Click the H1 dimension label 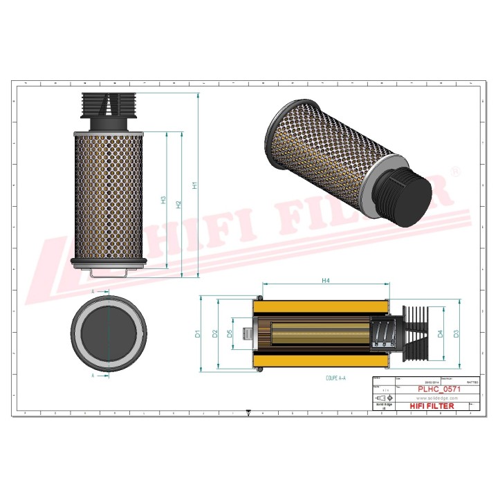195,185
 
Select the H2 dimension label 179,204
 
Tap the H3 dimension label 164,200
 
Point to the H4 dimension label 325,280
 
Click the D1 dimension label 197,334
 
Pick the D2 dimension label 215,334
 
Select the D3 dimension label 456,334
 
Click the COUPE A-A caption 335,379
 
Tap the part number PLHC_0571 441,389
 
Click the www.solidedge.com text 439,398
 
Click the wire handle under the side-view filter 108,272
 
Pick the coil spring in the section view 383,334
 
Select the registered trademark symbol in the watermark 455,171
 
